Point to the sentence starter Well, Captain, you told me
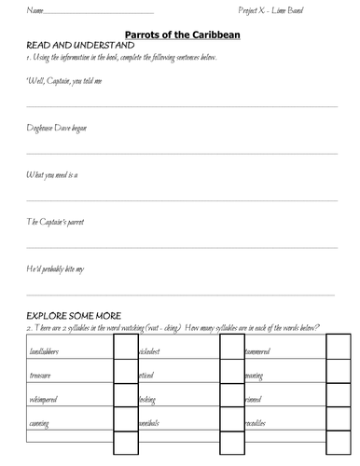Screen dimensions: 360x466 click(62, 81)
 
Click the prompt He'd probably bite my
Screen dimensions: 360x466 click(55, 268)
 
